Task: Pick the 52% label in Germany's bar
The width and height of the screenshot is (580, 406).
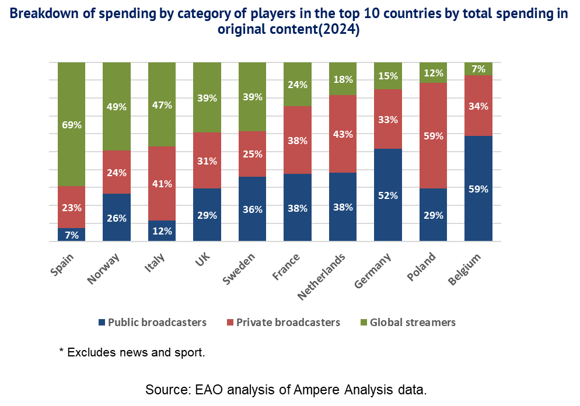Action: pos(387,196)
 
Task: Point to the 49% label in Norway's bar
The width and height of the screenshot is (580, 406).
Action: pos(116,107)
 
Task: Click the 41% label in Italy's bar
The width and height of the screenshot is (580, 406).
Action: pos(162,184)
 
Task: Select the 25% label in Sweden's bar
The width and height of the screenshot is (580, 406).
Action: pos(252,155)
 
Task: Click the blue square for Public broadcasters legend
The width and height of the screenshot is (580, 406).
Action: pos(103,322)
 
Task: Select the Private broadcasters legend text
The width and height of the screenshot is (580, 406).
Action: pos(288,322)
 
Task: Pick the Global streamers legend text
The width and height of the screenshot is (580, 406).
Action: pos(413,322)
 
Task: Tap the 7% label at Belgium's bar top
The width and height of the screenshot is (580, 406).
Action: pos(478,69)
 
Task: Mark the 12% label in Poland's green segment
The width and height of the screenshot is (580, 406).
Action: pos(433,73)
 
